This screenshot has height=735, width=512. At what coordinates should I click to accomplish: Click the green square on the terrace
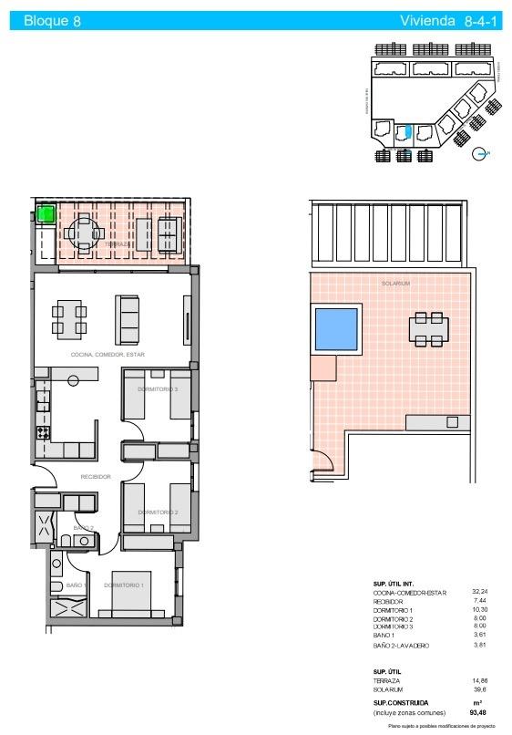pyautogui.click(x=45, y=215)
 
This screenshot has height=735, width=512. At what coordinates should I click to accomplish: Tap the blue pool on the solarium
pyautogui.click(x=335, y=330)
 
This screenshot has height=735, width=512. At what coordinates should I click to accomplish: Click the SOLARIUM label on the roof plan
pyautogui.click(x=395, y=284)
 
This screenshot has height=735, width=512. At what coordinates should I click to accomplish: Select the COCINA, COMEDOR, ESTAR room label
pyautogui.click(x=108, y=354)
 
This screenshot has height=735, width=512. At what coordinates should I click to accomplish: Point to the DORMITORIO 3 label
pyautogui.click(x=158, y=389)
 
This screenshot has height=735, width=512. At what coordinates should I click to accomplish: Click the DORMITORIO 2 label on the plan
pyautogui.click(x=158, y=512)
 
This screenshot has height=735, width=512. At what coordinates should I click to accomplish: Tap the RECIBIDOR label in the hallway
pyautogui.click(x=96, y=477)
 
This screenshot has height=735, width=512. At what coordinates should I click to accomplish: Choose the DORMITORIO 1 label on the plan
pyautogui.click(x=123, y=585)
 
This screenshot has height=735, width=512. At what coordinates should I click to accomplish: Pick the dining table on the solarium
pyautogui.click(x=428, y=329)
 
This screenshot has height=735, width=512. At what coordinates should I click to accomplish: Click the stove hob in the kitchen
pyautogui.click(x=42, y=432)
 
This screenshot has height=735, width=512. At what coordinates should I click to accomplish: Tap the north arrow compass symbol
pyautogui.click(x=480, y=154)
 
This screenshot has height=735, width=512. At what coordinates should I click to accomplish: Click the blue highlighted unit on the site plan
pyautogui.click(x=408, y=132)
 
